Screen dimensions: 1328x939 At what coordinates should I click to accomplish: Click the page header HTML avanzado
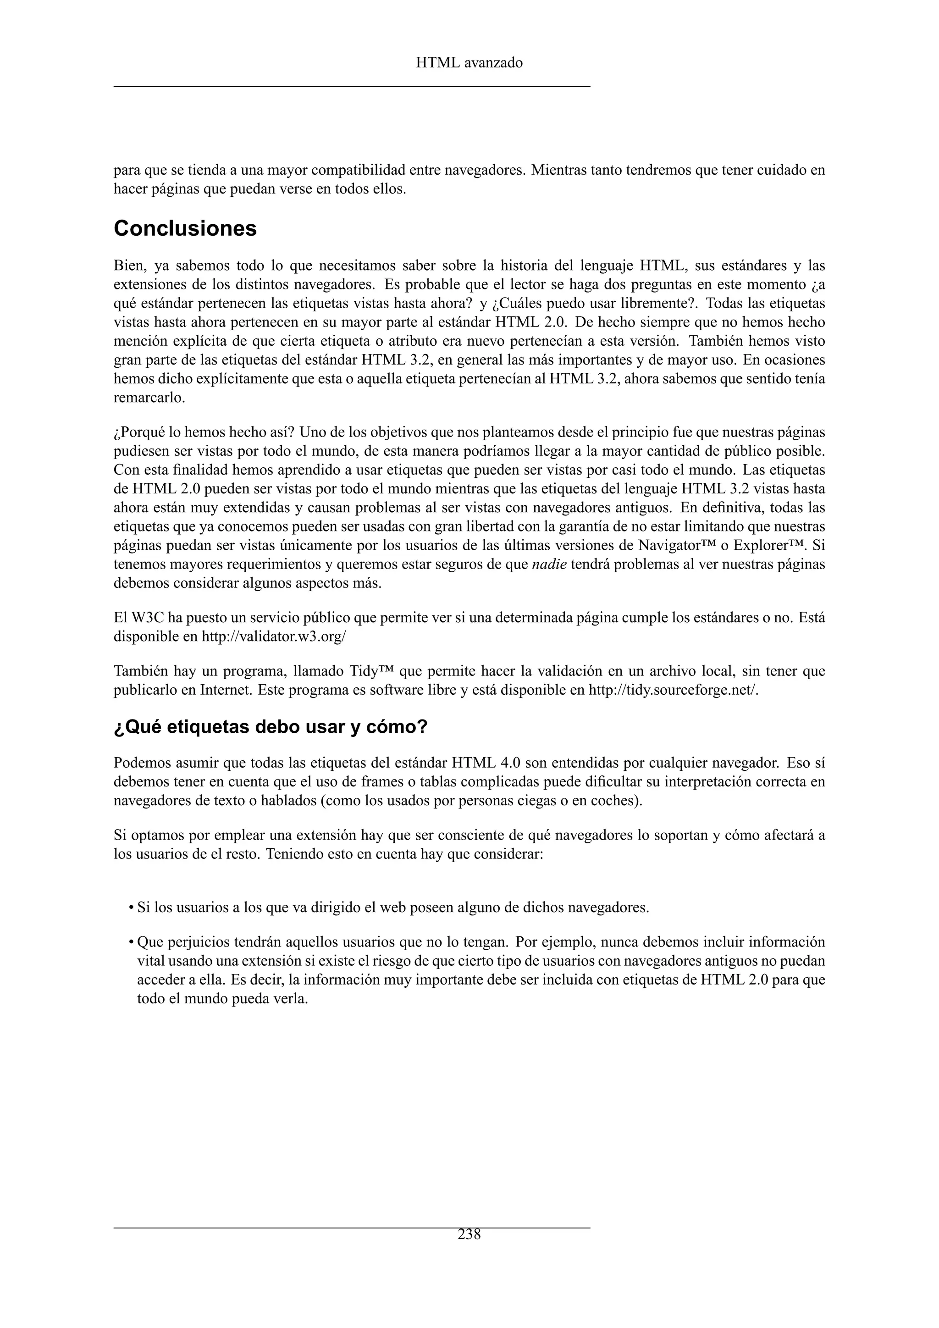pos(469,63)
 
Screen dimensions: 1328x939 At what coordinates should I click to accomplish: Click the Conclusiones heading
pos(185,228)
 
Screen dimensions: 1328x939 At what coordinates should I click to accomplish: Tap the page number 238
pos(469,1234)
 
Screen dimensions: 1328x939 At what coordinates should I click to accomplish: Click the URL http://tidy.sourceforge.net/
pos(673,690)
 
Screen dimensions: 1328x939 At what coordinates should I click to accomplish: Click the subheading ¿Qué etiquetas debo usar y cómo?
pos(270,727)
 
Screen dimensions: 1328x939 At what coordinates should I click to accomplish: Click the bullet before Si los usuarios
pos(132,907)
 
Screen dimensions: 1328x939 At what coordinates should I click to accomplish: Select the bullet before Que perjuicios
pos(132,943)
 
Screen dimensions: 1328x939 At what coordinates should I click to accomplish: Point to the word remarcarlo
pos(149,398)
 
